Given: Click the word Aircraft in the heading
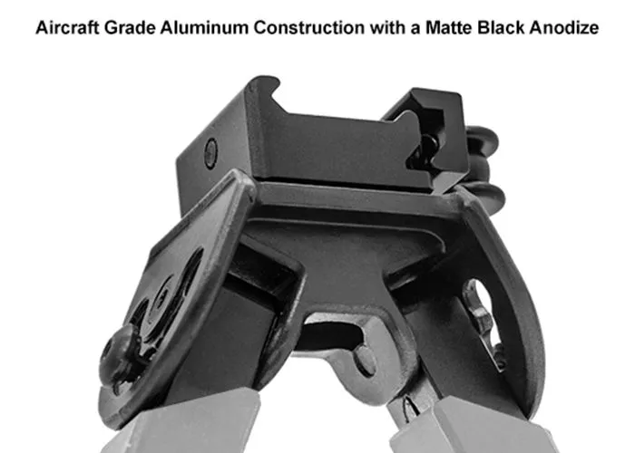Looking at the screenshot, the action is click(x=67, y=28).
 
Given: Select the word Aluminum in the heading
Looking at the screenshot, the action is click(x=204, y=28).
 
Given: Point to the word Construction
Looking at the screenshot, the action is click(x=309, y=28).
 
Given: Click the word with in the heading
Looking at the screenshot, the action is click(x=388, y=28).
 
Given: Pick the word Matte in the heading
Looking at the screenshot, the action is click(x=449, y=28).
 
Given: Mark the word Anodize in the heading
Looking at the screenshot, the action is click(x=564, y=28).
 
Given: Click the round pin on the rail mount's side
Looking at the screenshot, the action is click(x=210, y=153).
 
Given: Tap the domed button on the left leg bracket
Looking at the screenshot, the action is click(x=118, y=356).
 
